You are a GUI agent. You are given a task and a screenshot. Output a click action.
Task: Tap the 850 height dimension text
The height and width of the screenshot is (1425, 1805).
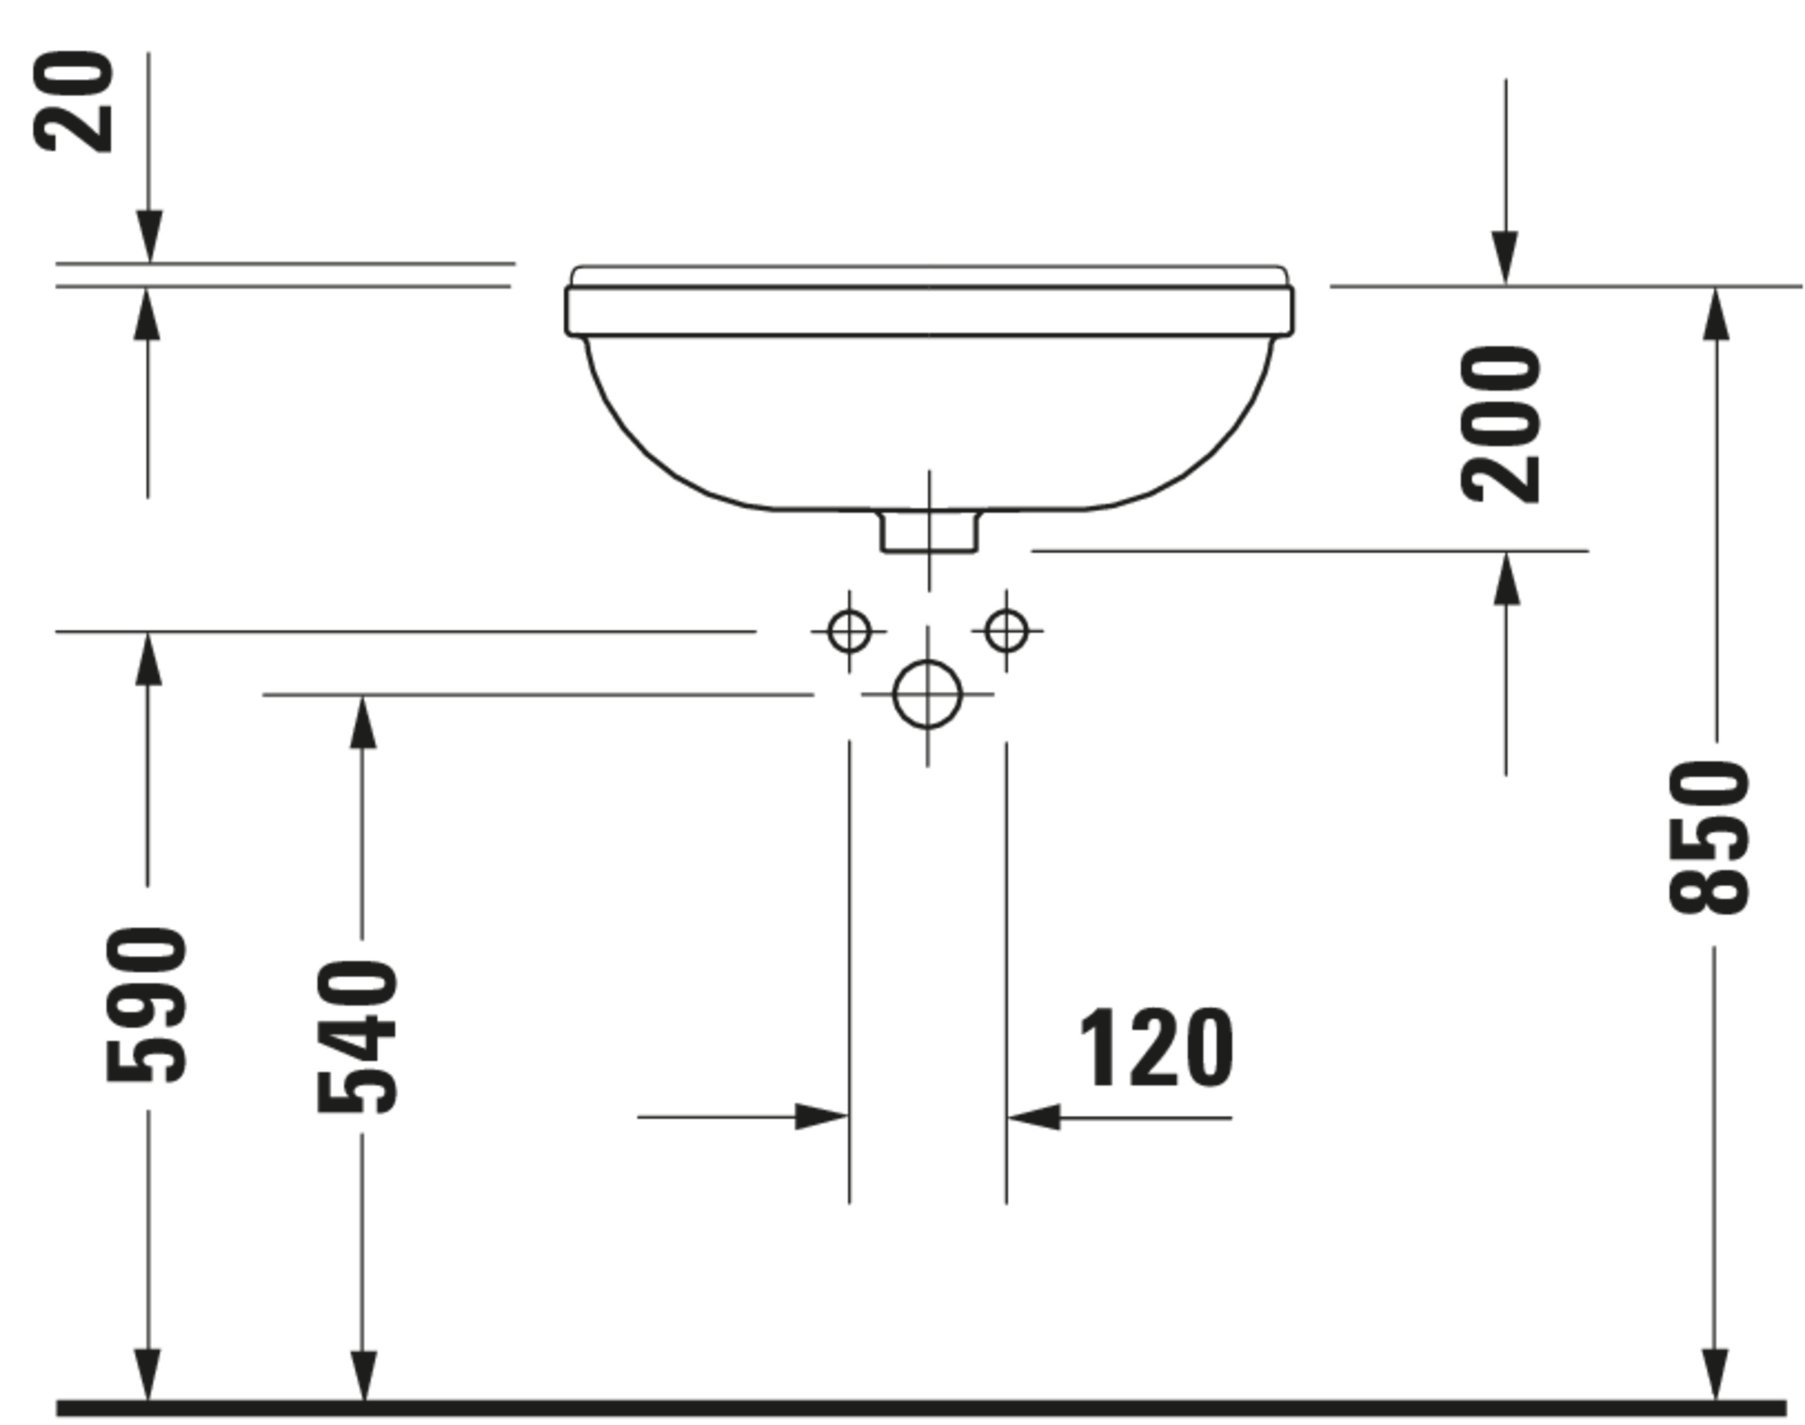pyautogui.click(x=1708, y=837)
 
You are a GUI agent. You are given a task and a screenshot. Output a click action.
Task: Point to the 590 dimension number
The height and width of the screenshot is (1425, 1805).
pyautogui.click(x=146, y=1005)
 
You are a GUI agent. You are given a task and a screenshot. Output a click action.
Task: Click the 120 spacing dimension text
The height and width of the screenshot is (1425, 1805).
pyautogui.click(x=1156, y=1048)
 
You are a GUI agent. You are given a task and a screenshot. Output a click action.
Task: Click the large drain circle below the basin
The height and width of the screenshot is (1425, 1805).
pyautogui.click(x=927, y=694)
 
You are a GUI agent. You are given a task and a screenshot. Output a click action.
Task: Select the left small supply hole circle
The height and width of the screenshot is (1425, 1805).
pyautogui.click(x=850, y=631)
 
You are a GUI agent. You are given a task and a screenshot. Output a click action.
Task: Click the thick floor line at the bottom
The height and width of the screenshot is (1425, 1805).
pyautogui.click(x=918, y=1408)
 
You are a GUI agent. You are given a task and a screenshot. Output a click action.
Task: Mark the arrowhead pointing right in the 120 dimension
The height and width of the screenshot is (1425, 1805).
pyautogui.click(x=822, y=1116)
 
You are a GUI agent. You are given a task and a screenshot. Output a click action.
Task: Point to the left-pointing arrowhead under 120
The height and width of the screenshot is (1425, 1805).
pyautogui.click(x=1033, y=1116)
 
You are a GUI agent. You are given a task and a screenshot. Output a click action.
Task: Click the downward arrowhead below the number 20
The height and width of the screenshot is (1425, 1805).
pyautogui.click(x=149, y=238)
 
